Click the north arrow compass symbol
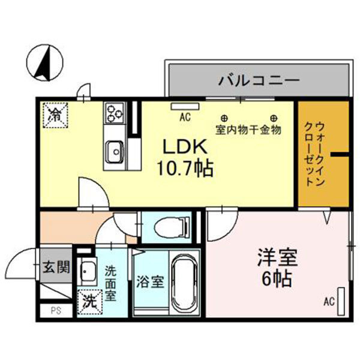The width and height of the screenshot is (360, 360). tap(45, 62)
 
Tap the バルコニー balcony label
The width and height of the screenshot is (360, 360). tap(259, 80)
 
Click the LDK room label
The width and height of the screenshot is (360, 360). tap(185, 147)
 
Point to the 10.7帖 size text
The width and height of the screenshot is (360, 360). tap(185, 169)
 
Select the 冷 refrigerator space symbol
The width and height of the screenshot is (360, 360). tap(56, 115)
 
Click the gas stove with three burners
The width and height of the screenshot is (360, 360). tap(115, 113)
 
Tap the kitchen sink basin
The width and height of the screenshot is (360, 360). tap(115, 152)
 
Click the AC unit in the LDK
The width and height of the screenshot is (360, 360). tap(185, 106)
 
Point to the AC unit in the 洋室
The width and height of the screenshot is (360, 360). tap(341, 301)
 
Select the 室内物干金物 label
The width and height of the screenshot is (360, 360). tap(248, 130)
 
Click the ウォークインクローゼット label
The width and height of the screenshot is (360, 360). tap(315, 154)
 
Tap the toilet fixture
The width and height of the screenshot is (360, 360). tap(172, 228)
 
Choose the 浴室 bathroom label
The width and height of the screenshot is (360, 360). tap(151, 282)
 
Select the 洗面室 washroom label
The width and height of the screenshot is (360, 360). tap(110, 283)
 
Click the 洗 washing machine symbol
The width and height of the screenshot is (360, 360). tap(90, 302)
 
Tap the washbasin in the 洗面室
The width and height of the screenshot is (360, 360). tap(87, 271)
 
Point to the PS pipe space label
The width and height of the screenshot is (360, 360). tap(56, 311)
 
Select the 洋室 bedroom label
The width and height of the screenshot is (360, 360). tap(278, 258)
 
